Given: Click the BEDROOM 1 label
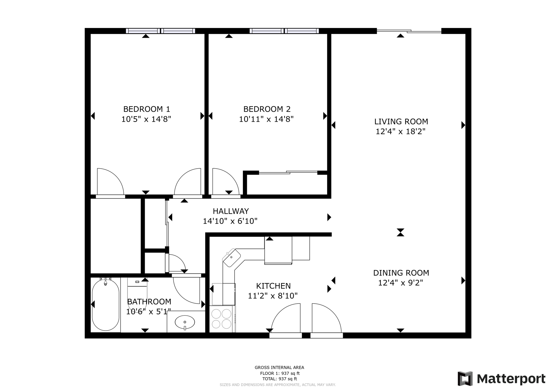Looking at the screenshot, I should coord(147,109).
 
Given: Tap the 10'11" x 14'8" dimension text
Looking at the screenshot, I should coord(266,119).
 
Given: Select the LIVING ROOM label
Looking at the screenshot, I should coord(401,121).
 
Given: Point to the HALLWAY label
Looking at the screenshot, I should coord(230,211).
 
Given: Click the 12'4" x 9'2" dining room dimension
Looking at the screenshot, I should coord(400,283).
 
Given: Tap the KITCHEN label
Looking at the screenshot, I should coord(273,286).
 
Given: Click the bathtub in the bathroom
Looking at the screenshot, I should coord(105,305).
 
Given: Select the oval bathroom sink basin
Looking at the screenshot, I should coord(185,322).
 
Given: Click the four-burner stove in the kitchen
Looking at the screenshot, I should coord(222,319).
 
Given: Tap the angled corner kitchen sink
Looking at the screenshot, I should coord(231,257).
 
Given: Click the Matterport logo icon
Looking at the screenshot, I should coord(465,379).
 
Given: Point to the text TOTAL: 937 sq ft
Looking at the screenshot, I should coord(280,379).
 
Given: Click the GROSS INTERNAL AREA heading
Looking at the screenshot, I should coord(279,367).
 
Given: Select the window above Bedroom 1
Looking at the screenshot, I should coord(160,31).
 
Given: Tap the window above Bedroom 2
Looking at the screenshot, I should coord(284,31).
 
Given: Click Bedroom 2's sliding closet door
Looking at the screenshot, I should coord(288,172).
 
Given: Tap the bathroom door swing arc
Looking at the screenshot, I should coord(186,290).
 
